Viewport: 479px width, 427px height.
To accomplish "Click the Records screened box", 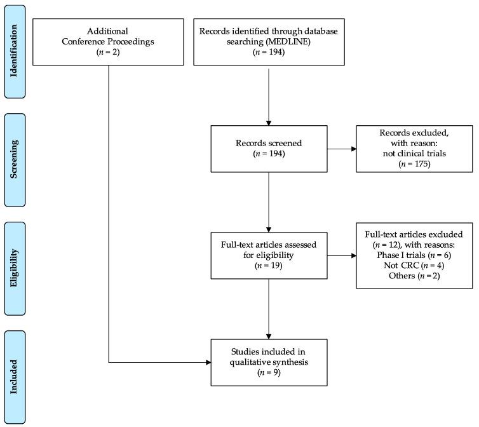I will tap(270, 149).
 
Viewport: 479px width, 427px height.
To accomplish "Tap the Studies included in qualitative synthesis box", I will tap(270, 362).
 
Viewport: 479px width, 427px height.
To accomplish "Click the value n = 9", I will tap(270, 373).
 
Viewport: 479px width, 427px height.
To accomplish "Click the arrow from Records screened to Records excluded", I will tap(342, 149).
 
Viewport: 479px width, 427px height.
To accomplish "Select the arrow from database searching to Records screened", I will tap(270, 95).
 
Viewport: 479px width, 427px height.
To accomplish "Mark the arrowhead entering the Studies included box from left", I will tap(208, 363).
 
